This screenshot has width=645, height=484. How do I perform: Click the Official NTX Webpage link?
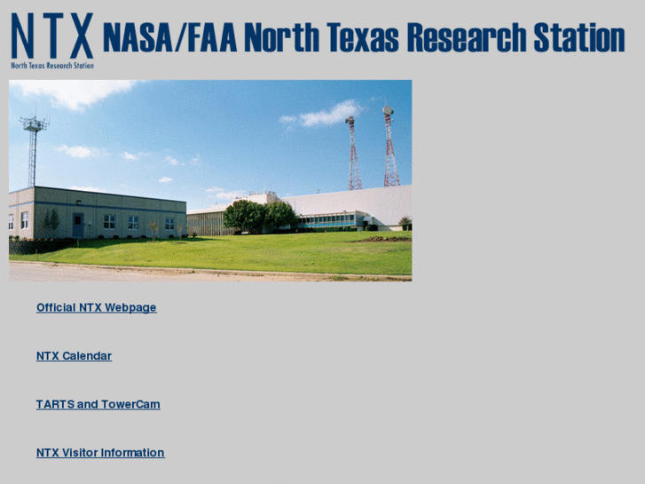click(x=96, y=307)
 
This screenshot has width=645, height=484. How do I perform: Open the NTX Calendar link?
click(x=74, y=356)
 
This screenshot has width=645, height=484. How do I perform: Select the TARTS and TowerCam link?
click(x=98, y=404)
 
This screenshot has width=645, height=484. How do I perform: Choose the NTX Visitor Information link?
click(x=100, y=453)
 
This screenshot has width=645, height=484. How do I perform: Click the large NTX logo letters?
click(x=51, y=36)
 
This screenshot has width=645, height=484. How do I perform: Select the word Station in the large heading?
click(x=578, y=38)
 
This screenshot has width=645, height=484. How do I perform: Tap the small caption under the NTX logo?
click(x=51, y=65)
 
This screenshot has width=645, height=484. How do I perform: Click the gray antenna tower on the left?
click(x=34, y=155)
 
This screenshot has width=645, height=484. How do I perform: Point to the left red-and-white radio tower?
click(x=354, y=155)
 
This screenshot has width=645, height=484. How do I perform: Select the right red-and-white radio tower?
click(x=390, y=151)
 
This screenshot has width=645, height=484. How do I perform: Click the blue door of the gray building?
click(x=78, y=225)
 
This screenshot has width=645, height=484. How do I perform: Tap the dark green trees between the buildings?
click(x=259, y=216)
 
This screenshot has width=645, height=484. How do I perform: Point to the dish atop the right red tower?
click(x=388, y=111)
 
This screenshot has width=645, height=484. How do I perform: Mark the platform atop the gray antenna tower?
click(x=34, y=123)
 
